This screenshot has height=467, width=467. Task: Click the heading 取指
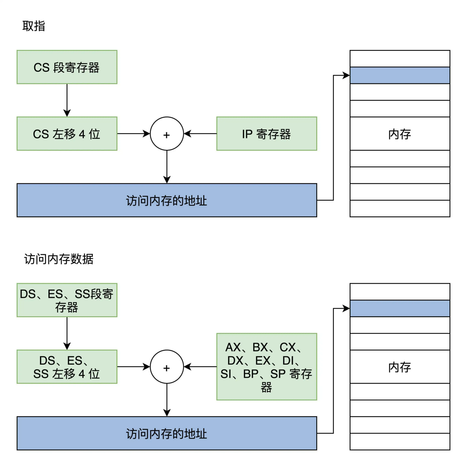34,26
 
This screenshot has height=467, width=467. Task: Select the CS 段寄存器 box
67,67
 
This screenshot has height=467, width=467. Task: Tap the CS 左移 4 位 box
67,134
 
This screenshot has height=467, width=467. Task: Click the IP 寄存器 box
267,134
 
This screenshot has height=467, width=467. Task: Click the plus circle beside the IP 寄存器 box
167,134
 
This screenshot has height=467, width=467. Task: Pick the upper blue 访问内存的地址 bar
167,200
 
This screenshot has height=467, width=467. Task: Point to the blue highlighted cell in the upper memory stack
400,75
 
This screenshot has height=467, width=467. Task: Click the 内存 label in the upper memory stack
400,134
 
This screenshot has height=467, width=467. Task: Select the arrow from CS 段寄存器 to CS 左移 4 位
67,100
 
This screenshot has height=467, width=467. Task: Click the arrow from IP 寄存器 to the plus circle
200,134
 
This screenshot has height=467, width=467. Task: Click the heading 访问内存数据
59,259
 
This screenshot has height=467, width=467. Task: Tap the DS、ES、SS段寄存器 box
67,300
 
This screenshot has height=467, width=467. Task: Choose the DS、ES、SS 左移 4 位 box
67,367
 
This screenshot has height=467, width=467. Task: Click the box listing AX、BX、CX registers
267,367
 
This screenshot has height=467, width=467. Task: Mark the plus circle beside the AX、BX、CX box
167,367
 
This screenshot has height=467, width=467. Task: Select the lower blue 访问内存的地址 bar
167,433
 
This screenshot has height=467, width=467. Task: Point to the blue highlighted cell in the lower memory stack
400,308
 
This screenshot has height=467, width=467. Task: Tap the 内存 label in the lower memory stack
400,367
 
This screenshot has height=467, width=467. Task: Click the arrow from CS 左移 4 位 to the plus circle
134,134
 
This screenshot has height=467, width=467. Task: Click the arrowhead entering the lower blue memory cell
346,308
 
